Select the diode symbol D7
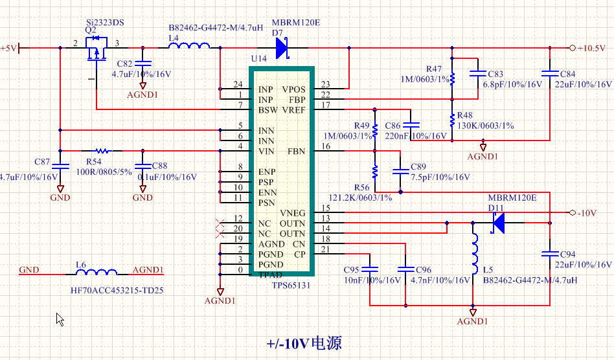281,47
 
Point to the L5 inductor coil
475,250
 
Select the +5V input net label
9,48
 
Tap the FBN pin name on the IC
296,152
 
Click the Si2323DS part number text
105,23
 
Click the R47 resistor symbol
453,78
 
